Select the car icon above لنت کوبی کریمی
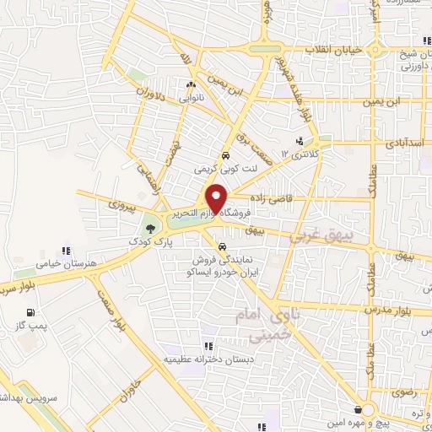[225, 156]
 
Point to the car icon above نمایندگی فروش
[221, 248]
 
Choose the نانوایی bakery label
[192, 97]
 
